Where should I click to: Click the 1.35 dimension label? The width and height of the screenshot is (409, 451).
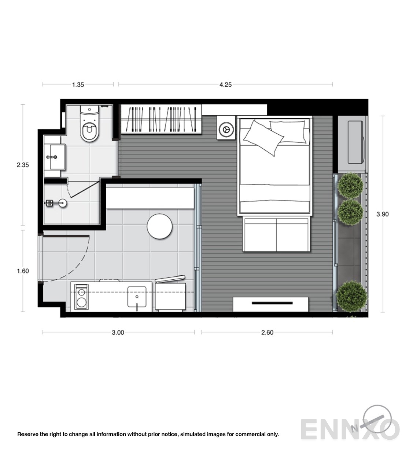pyautogui.click(x=78, y=85)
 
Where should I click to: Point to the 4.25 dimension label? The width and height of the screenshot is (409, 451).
pyautogui.click(x=225, y=85)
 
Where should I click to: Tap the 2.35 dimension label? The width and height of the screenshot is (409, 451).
pyautogui.click(x=23, y=165)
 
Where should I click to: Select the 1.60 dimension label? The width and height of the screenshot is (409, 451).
pyautogui.click(x=23, y=271)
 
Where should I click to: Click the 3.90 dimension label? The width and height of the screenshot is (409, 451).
pyautogui.click(x=383, y=214)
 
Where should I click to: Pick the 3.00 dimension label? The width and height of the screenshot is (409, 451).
pyautogui.click(x=118, y=332)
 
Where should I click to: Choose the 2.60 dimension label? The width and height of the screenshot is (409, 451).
pyautogui.click(x=267, y=332)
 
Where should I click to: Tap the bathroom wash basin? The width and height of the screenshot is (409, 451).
pyautogui.click(x=58, y=157)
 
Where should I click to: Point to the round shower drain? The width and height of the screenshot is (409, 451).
pyautogui.click(x=63, y=203)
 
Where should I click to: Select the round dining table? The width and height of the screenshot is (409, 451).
pyautogui.click(x=159, y=226)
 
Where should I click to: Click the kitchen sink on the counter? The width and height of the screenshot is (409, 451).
pyautogui.click(x=137, y=297)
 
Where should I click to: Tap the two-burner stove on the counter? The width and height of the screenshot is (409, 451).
pyautogui.click(x=81, y=297)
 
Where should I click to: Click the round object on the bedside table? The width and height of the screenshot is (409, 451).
pyautogui.click(x=226, y=130)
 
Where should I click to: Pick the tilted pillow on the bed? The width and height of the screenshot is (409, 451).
pyautogui.click(x=264, y=138)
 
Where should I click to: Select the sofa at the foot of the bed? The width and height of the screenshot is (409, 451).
pyautogui.click(x=276, y=235)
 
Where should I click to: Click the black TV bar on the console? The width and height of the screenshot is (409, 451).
pyautogui.click(x=272, y=303)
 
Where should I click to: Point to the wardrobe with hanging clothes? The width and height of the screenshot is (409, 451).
pyautogui.click(x=161, y=119)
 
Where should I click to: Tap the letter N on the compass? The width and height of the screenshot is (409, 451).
pyautogui.click(x=355, y=428)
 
